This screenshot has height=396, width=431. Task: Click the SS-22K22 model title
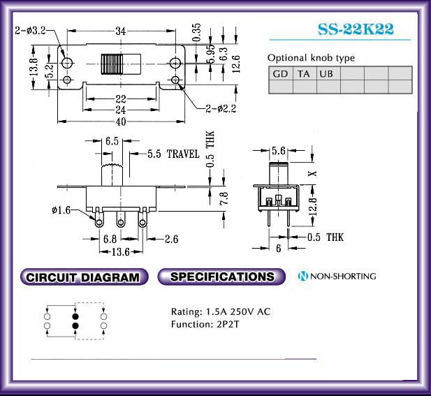pyautogui.click(x=356, y=29)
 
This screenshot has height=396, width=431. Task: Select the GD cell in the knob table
pyautogui.click(x=280, y=73)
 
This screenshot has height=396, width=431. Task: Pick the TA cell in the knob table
pyautogui.click(x=304, y=73)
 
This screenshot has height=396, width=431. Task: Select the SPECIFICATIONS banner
pyautogui.click(x=222, y=277)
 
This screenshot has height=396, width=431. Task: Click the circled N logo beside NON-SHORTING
pyautogui.click(x=302, y=277)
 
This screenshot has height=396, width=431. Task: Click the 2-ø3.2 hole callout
pyautogui.click(x=31, y=31)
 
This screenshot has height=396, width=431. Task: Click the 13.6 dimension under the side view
pyautogui.click(x=121, y=251)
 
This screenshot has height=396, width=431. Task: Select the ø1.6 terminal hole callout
pyautogui.click(x=61, y=211)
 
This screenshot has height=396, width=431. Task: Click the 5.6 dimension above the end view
pyautogui.click(x=278, y=151)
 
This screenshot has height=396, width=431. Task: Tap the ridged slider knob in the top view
pyautogui.click(x=112, y=64)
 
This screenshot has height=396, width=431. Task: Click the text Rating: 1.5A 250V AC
pyautogui.click(x=220, y=311)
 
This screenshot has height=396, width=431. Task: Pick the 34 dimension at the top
pyautogui.click(x=120, y=31)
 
